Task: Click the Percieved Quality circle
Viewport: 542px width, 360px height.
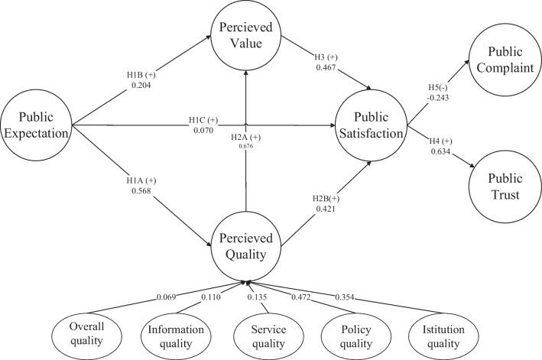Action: pyautogui.click(x=245, y=238)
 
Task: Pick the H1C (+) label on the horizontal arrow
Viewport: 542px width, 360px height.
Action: pyautogui.click(x=203, y=120)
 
